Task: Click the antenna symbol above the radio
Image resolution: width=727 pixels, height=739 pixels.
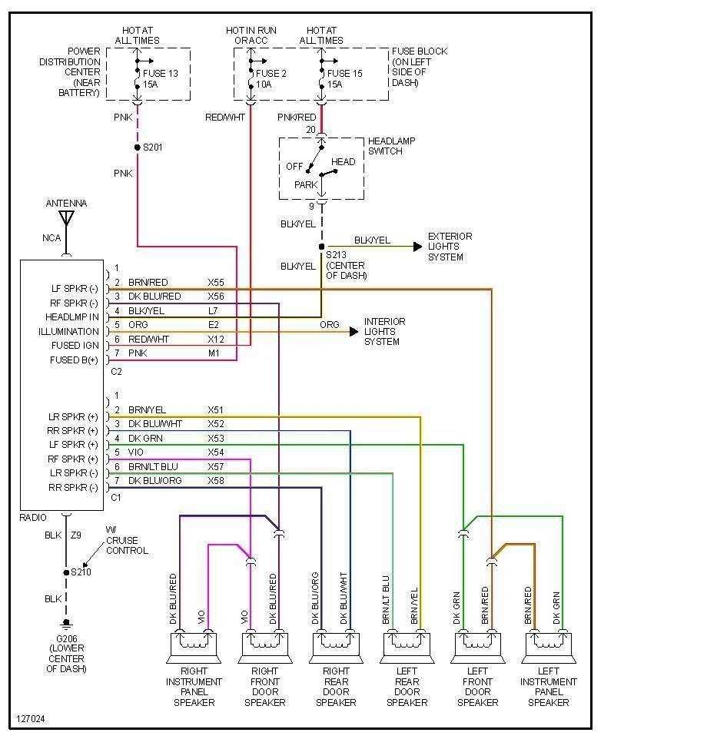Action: (66, 218)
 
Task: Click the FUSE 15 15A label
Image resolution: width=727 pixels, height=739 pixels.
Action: (344, 79)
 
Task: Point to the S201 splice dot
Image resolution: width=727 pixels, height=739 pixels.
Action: (137, 147)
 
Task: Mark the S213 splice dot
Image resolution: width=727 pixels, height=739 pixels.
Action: (321, 247)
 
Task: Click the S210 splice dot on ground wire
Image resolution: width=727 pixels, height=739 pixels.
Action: (66, 572)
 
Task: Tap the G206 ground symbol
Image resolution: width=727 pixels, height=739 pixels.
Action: (66, 623)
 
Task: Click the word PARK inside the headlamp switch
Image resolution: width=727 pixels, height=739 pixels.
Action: (306, 185)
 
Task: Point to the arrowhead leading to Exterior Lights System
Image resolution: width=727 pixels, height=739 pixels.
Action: (417, 247)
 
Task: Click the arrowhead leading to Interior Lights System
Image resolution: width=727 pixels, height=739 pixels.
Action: (354, 332)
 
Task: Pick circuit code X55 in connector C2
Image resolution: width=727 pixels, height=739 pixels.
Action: (216, 283)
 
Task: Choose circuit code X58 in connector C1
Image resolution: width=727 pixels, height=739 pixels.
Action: (216, 480)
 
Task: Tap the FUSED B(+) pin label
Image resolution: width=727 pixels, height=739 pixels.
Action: (74, 360)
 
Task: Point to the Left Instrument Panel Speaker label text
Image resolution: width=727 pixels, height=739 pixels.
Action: (549, 687)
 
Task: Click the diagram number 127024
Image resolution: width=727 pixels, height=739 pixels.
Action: (30, 720)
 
